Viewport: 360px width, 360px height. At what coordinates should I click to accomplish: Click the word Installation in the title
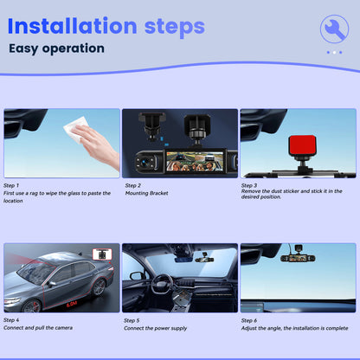click(x=73, y=26)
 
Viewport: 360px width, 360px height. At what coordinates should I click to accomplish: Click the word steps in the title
click(x=175, y=28)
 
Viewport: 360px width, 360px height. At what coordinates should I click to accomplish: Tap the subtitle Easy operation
click(x=56, y=48)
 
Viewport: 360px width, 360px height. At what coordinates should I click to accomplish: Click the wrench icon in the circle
click(x=335, y=29)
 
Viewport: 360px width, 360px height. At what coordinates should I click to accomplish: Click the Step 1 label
click(x=11, y=185)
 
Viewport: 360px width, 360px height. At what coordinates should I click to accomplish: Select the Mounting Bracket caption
click(x=146, y=193)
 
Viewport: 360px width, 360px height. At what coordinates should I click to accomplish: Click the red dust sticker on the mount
click(x=302, y=146)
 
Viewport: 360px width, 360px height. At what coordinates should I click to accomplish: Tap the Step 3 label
click(x=249, y=185)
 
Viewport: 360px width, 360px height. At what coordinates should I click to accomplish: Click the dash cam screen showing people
click(x=195, y=162)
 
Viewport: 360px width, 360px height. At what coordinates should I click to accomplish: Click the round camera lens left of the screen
click(x=145, y=161)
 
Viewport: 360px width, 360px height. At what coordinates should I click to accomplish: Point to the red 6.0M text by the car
click(x=72, y=304)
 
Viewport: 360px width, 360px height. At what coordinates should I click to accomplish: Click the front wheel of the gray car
click(x=31, y=306)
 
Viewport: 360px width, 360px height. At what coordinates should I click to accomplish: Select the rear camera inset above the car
click(x=102, y=254)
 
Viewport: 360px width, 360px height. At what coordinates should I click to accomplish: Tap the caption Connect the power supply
click(x=155, y=328)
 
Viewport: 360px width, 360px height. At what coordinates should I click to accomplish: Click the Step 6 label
click(x=249, y=320)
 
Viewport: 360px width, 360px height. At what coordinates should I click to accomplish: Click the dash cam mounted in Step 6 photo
click(x=298, y=256)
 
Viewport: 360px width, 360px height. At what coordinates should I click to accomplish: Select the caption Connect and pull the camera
click(x=38, y=328)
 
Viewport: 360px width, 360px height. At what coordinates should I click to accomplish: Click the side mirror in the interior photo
click(x=137, y=276)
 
